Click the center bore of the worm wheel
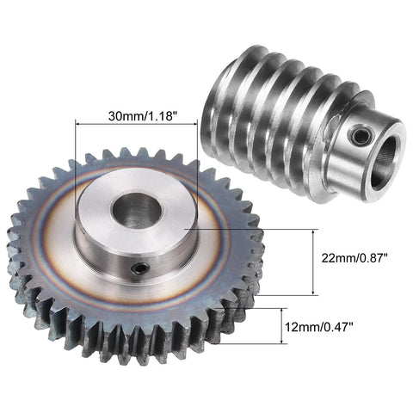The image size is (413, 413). pos(136,209)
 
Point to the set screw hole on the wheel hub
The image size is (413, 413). pos(138,271)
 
